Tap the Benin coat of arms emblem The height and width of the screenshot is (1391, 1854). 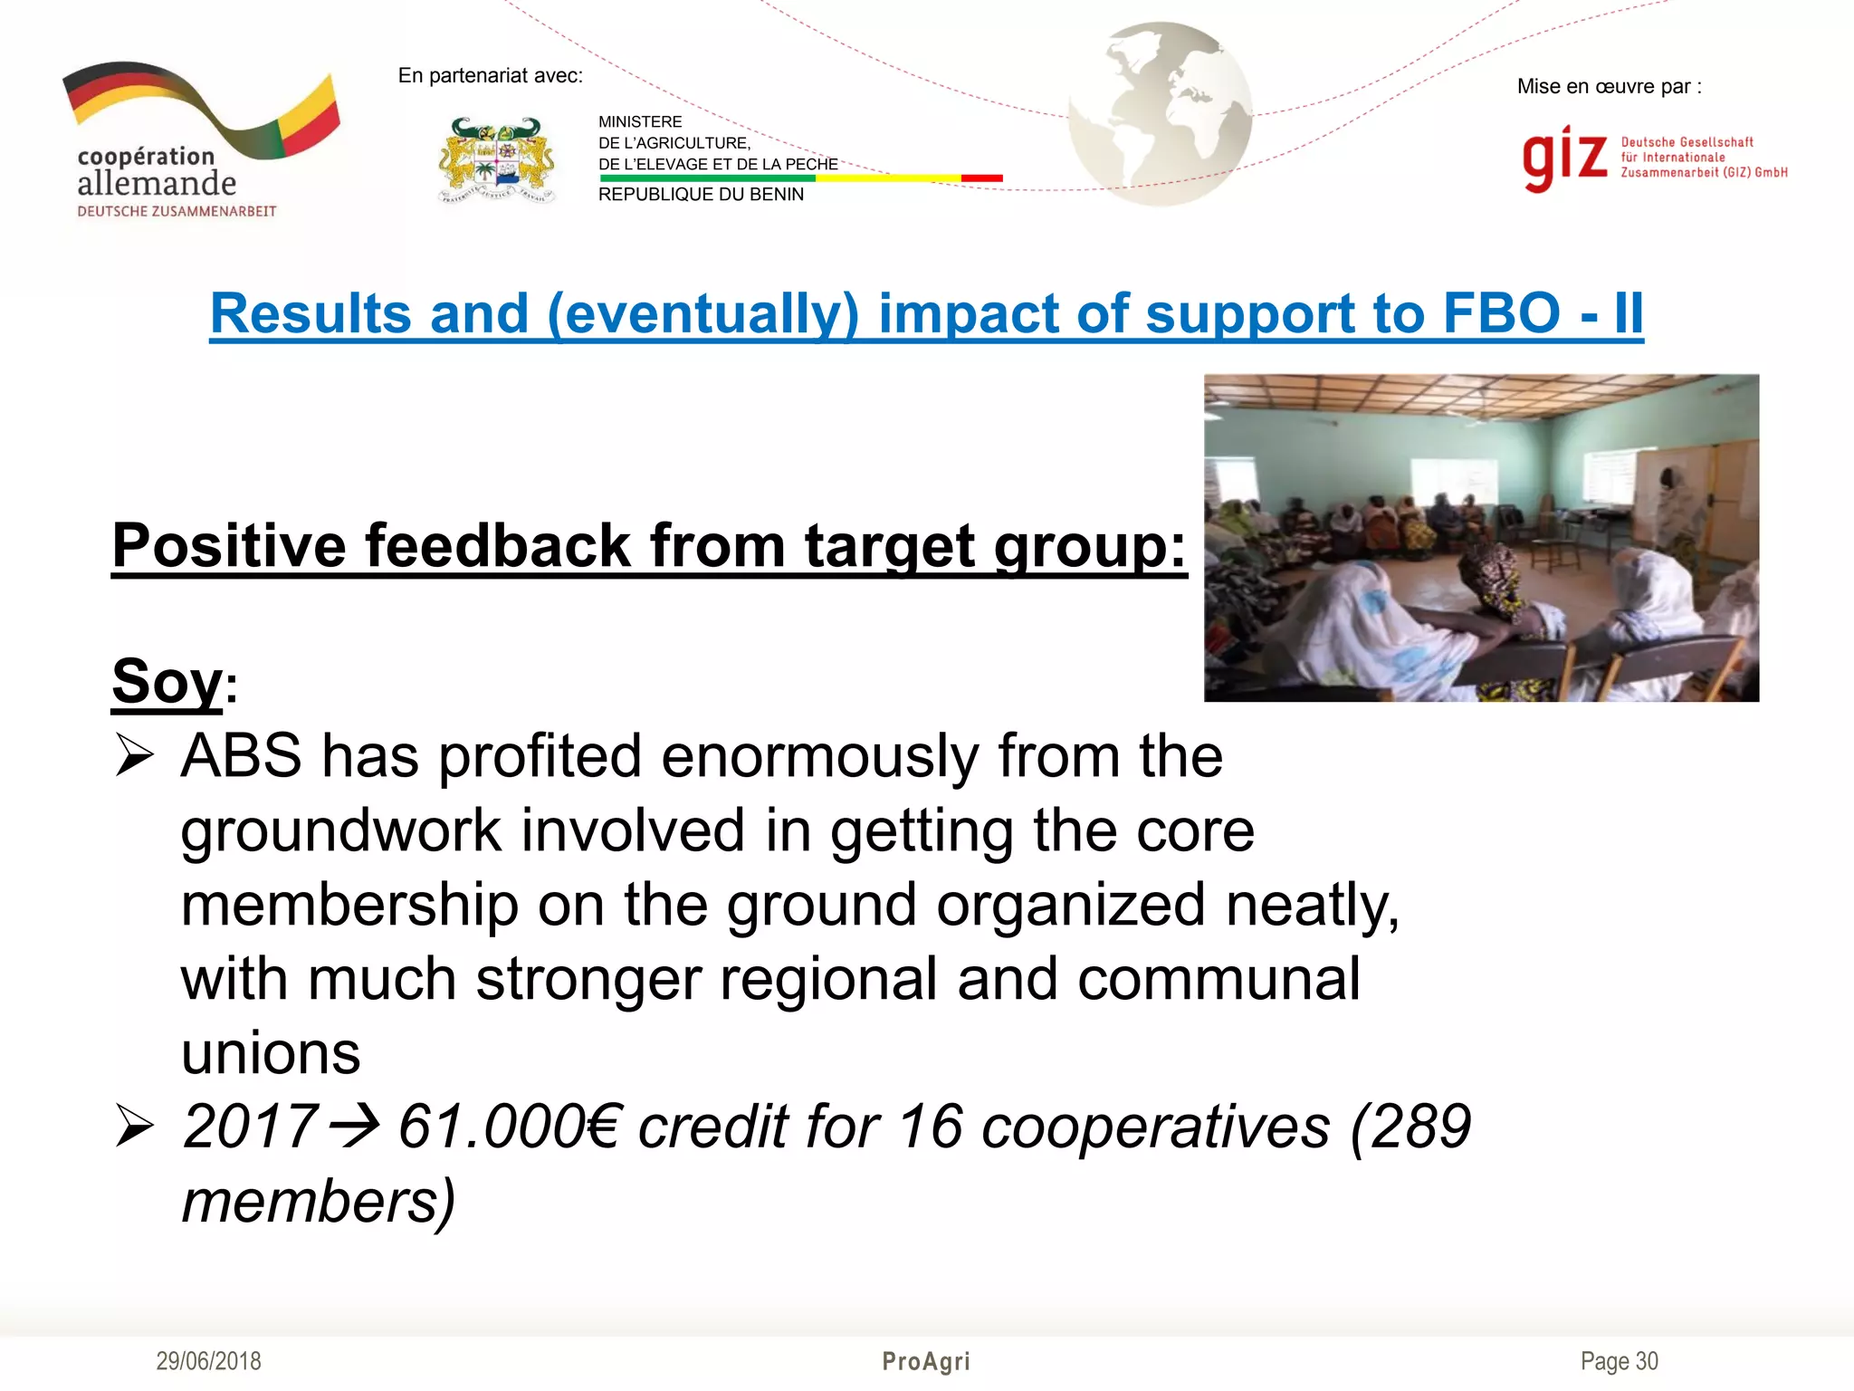point(497,160)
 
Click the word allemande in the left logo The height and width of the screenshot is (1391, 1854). point(157,184)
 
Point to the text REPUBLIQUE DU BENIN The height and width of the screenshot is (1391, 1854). point(701,195)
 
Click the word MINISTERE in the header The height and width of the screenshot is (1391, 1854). point(640,122)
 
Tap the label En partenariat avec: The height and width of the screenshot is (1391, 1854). point(490,76)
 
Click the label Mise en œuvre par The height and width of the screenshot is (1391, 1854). point(1609,87)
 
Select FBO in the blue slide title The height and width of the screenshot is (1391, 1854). point(1501,313)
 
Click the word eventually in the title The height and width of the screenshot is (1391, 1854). point(702,313)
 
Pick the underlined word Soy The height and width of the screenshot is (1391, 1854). point(167,681)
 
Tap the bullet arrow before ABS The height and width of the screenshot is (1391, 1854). point(135,756)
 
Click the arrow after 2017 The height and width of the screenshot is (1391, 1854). point(355,1127)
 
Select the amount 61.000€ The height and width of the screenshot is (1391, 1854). point(509,1127)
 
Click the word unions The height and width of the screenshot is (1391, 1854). point(271,1053)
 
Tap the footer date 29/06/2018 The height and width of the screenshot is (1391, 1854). point(208,1361)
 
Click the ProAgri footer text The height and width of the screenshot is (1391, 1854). point(926,1361)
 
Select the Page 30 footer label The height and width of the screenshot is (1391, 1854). point(1619,1361)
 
